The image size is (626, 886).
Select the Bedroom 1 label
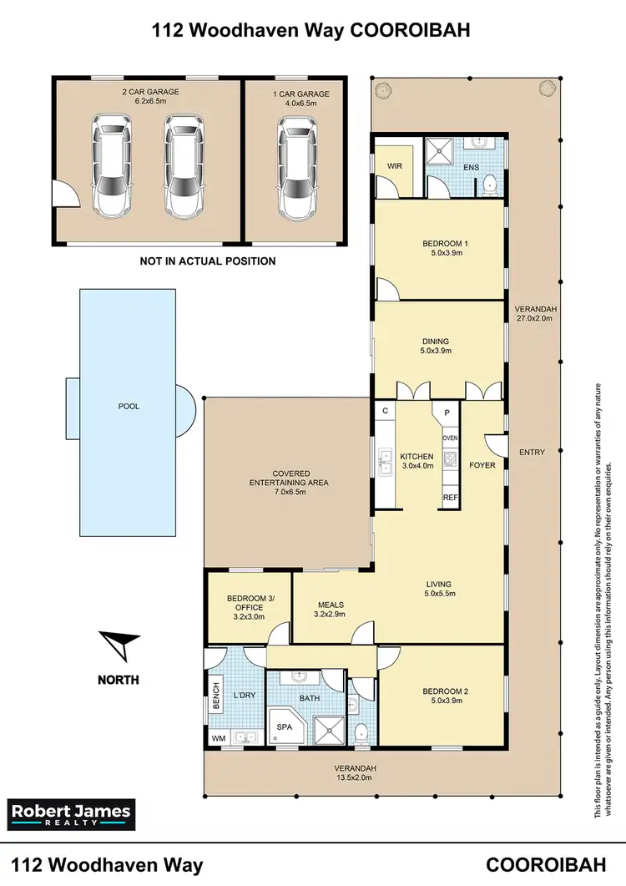coord(439,244)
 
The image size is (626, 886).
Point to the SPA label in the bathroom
coord(284,728)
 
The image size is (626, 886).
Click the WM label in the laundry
coord(218,738)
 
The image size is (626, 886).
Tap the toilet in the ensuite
coord(491,184)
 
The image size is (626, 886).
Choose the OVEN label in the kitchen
coord(450,438)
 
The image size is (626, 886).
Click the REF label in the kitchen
coord(450,496)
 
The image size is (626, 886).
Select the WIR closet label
coord(395,166)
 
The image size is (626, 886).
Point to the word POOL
coord(129,407)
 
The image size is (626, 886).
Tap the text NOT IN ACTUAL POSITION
coord(208,261)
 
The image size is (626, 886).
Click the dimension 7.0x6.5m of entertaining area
coord(289,493)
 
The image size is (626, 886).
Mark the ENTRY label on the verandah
coord(532,453)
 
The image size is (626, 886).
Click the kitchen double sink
coord(385,461)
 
